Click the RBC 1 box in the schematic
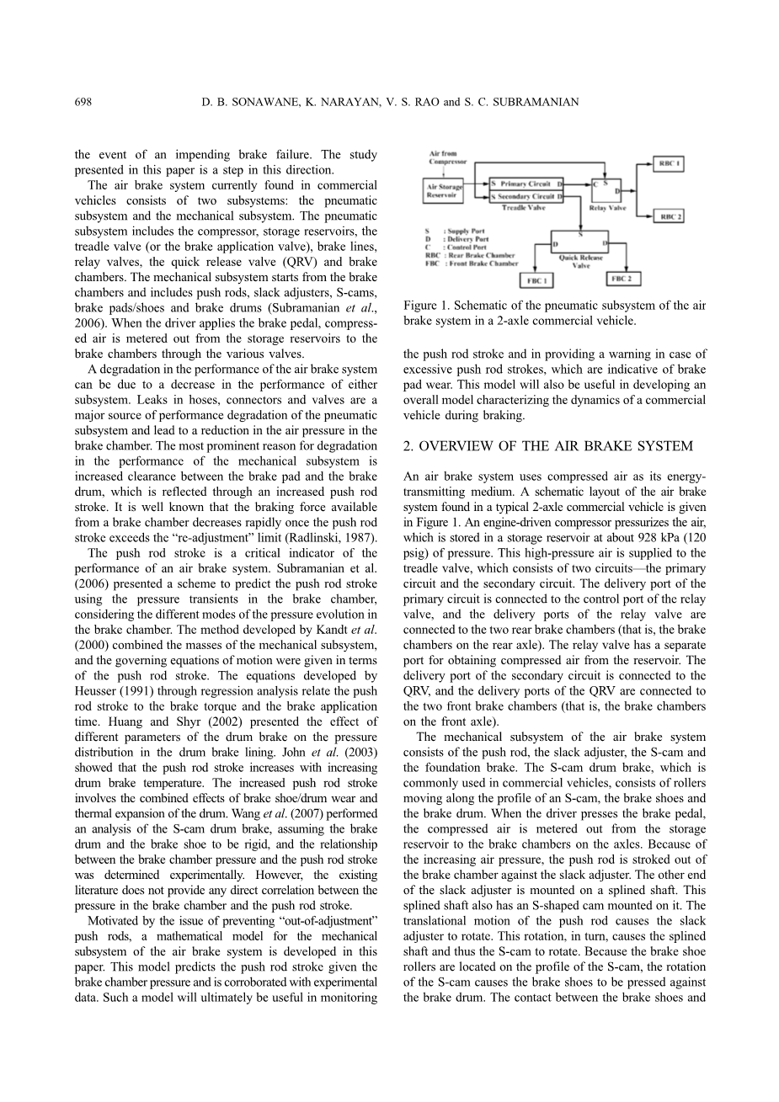(x=670, y=163)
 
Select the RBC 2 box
(x=670, y=217)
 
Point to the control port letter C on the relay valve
(x=595, y=183)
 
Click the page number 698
(x=83, y=102)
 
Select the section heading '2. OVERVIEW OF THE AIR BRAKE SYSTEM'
(x=547, y=446)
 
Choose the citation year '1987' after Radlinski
(x=360, y=538)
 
